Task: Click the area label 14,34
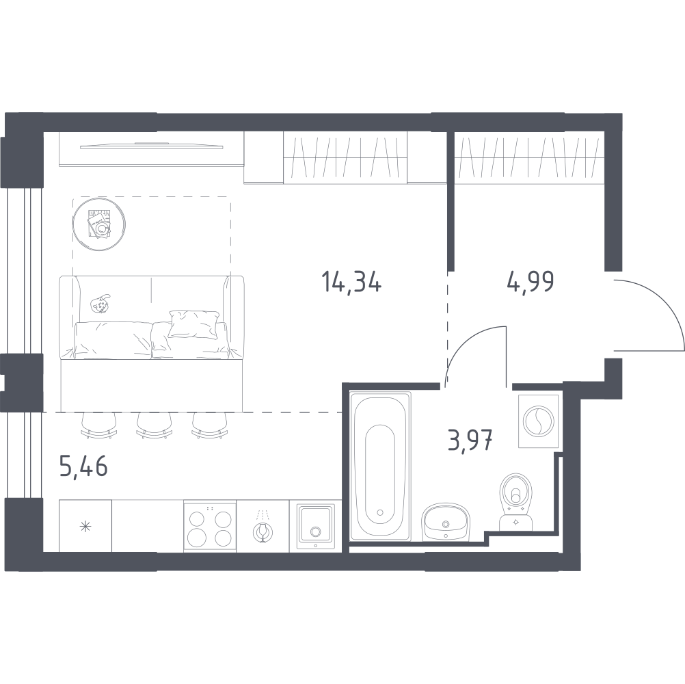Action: pyautogui.click(x=351, y=282)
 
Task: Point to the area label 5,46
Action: pyautogui.click(x=84, y=469)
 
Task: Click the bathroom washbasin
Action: pyautogui.click(x=445, y=523)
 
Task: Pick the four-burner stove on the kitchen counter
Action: pyautogui.click(x=210, y=525)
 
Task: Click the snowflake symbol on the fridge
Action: pyautogui.click(x=85, y=526)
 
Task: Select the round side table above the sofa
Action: pyautogui.click(x=99, y=224)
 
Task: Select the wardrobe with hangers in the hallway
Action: pyautogui.click(x=529, y=159)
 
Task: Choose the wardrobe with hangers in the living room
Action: pyautogui.click(x=345, y=159)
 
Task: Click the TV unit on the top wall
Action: pyautogui.click(x=150, y=146)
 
